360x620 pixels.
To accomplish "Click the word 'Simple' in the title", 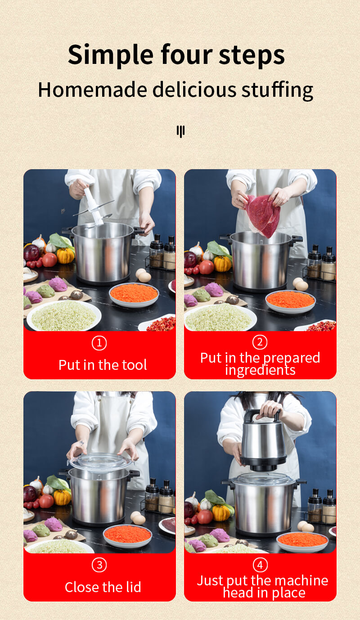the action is [111, 55].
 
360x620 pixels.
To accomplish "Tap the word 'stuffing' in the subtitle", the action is [277, 90].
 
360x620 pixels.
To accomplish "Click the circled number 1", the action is [99, 343].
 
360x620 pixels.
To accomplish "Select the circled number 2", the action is [260, 342].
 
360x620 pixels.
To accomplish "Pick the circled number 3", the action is [99, 565].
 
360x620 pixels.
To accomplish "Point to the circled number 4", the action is [260, 565].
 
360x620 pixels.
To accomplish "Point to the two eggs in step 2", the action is [301, 284].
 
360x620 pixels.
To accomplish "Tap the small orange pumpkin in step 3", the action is [62, 497].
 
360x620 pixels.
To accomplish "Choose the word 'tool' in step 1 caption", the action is [134, 365].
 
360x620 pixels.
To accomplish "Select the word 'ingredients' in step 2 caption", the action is [260, 370].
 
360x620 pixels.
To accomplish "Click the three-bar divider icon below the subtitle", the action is [180, 131].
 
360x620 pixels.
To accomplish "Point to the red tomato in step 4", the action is [205, 517].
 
